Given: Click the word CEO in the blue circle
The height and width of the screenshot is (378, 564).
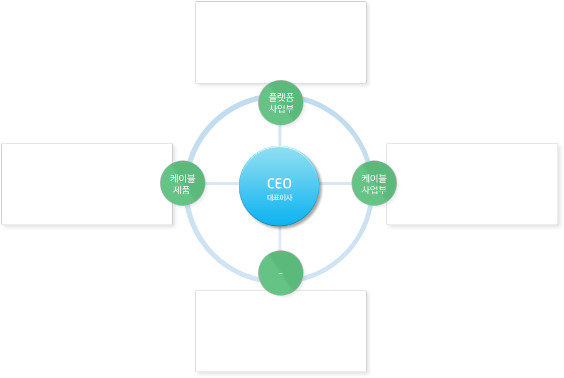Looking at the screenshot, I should pos(279,183).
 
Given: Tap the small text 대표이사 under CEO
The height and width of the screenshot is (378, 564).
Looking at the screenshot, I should pos(279,197).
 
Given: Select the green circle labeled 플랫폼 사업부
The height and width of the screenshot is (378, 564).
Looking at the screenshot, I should pos(281,103).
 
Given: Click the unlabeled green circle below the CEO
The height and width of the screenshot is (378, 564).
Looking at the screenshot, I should pos(281,273).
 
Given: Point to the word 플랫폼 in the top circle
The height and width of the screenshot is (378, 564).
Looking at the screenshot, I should pos(281,97).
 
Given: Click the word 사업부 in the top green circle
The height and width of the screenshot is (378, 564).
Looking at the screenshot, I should pos(281,108).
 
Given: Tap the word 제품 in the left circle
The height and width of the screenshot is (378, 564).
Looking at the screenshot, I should pos(183,190).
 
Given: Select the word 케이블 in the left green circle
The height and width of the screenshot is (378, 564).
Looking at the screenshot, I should pos(183,178).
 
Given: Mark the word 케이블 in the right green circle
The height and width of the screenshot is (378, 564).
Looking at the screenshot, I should pos(374,178).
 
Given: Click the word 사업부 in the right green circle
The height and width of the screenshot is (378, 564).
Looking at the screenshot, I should pos(374,190).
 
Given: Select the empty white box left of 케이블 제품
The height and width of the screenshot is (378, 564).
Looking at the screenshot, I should pos(86,183).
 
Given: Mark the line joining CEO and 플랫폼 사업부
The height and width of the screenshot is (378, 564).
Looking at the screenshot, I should pos(281,135).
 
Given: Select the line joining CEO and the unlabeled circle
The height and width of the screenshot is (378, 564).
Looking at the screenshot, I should pos(281,239).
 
